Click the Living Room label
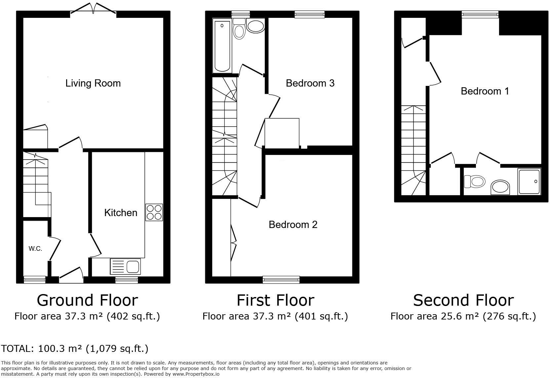93,83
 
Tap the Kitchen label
121,212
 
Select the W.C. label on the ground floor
35,249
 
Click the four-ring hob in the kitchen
154,212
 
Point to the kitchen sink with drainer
125,266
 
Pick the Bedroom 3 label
310,83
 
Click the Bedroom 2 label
293,224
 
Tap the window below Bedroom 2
281,280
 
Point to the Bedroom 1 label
485,91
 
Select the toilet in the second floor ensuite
475,181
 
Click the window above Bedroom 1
480,14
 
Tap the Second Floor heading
463,300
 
